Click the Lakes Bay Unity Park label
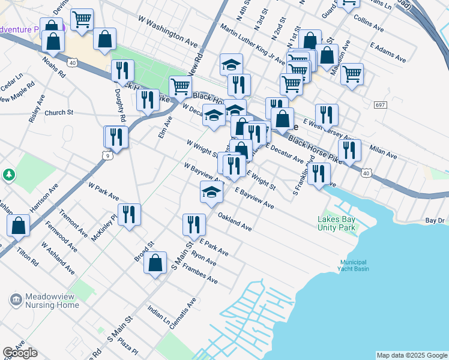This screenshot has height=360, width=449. coord(336,223)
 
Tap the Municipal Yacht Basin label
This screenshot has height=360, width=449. coord(354,265)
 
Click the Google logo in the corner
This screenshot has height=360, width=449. coord(20,353)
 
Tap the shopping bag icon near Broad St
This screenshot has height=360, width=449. coord(155,262)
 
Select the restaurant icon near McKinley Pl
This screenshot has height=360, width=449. coord(129,214)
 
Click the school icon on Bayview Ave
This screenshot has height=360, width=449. coord(211,191)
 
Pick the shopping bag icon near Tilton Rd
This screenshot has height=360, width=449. coord(19,226)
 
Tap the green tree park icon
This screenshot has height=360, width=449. coord(9,175)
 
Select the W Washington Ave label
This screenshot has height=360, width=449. coord(168,35)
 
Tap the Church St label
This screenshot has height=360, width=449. coord(59,112)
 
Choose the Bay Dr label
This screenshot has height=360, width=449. coord(435,221)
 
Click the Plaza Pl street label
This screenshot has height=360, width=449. coord(128,347)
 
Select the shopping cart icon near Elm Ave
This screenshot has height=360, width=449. coord(180,86)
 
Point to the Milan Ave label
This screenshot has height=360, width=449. coord(384,151)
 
